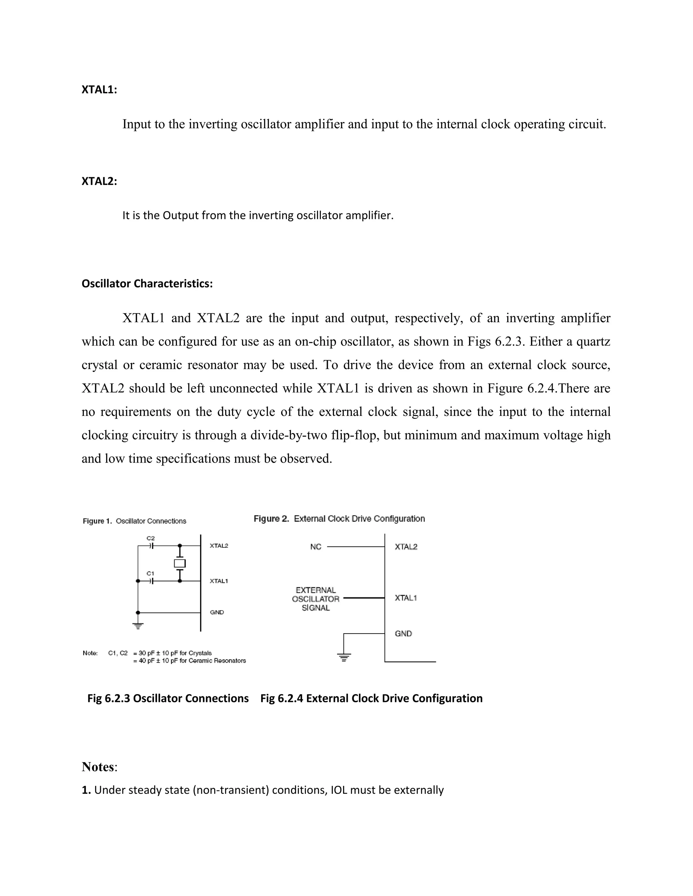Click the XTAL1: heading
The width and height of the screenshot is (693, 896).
[x=99, y=90]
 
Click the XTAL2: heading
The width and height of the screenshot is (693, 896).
[x=99, y=181]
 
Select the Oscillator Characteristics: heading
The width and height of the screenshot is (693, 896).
[x=147, y=283]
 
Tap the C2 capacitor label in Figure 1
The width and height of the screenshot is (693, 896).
[x=151, y=538]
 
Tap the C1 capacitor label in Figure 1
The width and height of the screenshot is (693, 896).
[x=151, y=573]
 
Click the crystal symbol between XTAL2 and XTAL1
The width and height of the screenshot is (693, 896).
[x=180, y=563]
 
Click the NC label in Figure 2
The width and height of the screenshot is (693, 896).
[x=316, y=547]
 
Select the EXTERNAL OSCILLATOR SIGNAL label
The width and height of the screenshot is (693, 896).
[x=316, y=599]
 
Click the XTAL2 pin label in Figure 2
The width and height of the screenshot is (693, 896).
[x=406, y=547]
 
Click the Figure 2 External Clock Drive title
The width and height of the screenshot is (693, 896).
[x=339, y=519]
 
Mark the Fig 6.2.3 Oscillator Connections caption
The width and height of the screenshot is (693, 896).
[x=168, y=698]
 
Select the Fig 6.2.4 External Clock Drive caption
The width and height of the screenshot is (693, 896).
[x=371, y=698]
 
